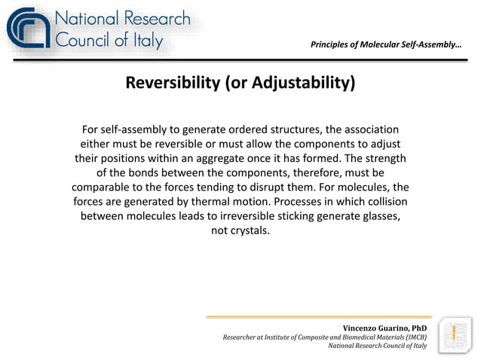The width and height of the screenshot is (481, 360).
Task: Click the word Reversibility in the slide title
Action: tap(172, 82)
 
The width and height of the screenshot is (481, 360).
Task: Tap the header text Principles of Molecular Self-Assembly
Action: tap(385, 45)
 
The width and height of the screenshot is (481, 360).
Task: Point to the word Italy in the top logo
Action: tap(144, 41)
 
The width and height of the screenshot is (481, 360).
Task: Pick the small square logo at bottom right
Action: tap(455, 334)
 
